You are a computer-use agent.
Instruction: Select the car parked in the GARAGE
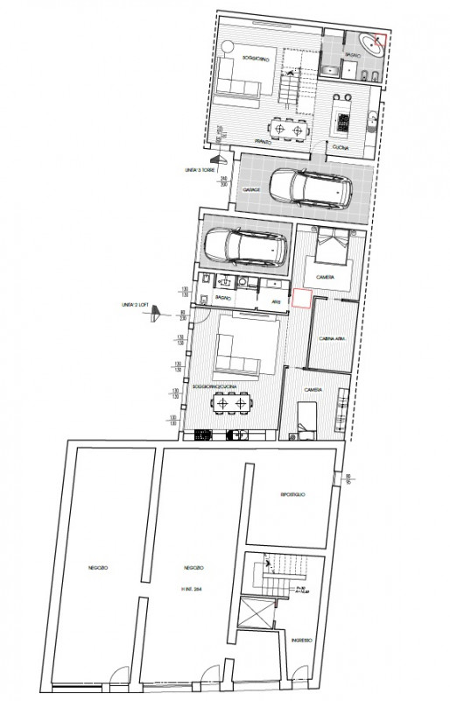312,185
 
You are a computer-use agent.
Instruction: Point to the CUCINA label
341,147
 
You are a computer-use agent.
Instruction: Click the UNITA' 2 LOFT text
138,306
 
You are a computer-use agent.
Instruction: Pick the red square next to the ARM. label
301,299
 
